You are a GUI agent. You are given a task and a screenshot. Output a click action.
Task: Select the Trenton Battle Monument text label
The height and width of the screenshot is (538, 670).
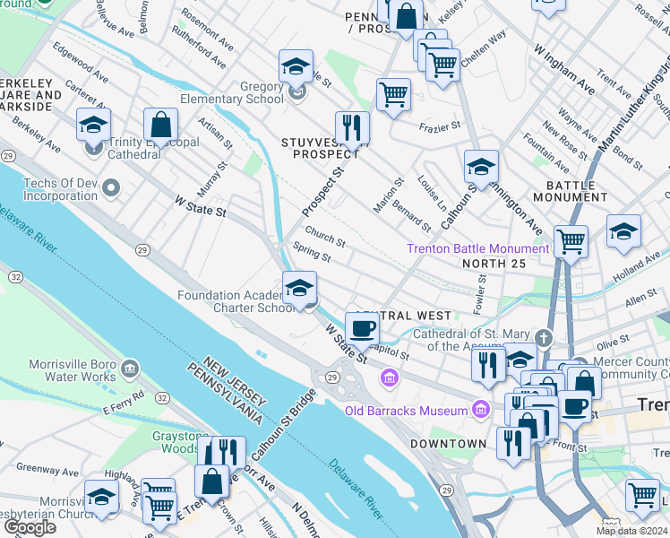tap(477, 248)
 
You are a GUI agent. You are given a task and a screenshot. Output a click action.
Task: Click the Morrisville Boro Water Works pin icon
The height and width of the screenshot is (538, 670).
tap(130, 369)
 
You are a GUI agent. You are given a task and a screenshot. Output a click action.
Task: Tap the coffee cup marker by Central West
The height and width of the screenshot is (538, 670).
tap(362, 328)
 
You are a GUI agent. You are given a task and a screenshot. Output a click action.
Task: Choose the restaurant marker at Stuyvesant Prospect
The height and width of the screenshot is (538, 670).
tap(352, 127)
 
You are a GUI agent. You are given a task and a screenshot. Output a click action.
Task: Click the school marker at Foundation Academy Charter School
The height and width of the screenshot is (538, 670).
tap(299, 288)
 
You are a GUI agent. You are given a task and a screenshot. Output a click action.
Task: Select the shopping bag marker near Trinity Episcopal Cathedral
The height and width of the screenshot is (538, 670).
tap(160, 125)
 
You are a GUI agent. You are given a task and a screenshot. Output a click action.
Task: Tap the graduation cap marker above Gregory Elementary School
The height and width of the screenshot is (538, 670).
tap(296, 66)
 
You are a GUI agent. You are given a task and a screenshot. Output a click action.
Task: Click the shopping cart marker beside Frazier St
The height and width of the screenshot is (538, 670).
tap(393, 93)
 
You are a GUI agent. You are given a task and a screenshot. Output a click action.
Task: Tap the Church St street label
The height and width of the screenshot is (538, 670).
tap(324, 240)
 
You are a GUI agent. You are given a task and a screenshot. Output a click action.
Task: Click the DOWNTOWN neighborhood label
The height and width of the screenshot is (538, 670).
tap(448, 444)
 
